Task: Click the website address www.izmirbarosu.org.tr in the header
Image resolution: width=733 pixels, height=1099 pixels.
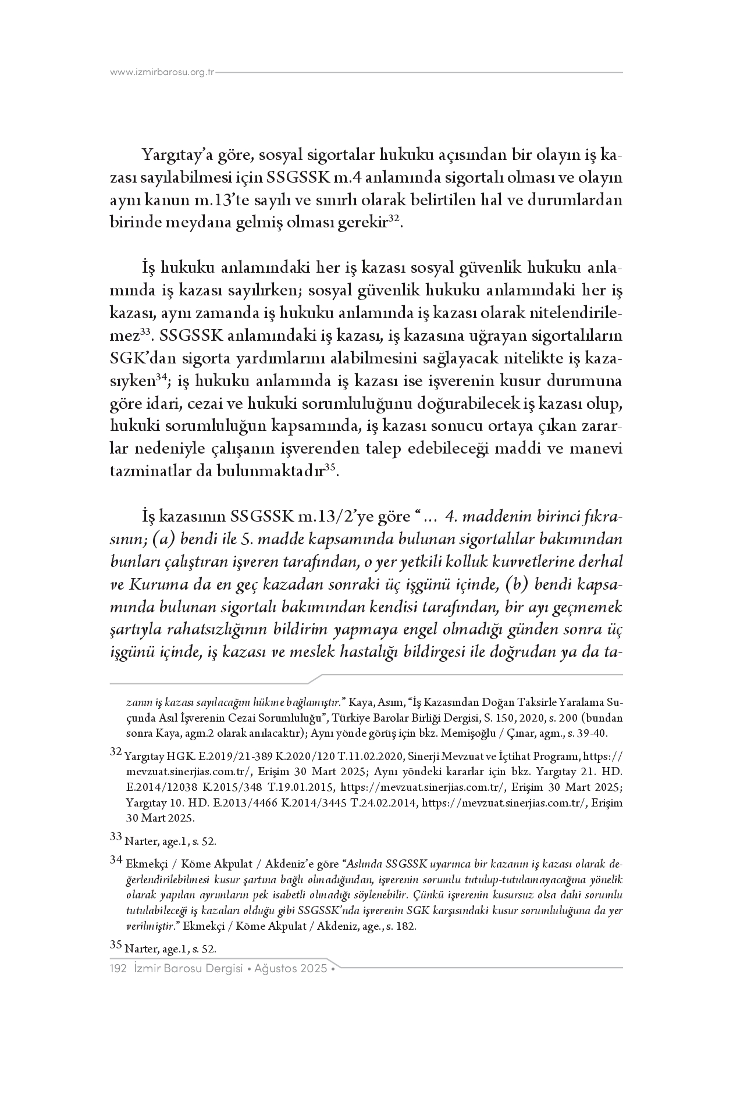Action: click(x=162, y=73)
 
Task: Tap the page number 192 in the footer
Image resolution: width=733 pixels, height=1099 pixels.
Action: click(x=119, y=969)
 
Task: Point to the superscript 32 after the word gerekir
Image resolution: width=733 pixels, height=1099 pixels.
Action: click(x=394, y=218)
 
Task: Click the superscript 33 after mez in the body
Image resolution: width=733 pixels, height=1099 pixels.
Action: click(x=147, y=332)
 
